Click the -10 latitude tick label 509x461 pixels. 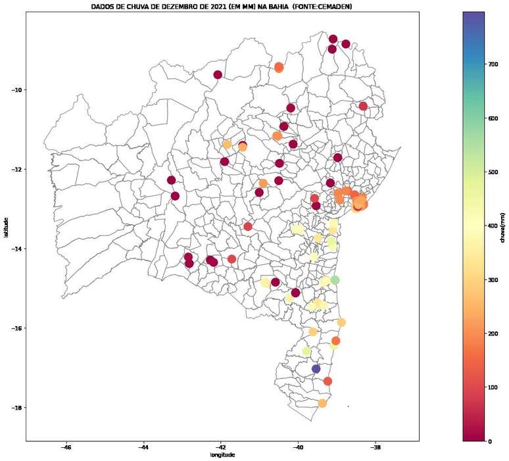point(16,90)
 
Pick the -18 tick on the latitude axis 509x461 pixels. point(16,408)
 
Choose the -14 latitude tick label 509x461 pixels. point(16,249)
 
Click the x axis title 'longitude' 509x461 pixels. point(222,455)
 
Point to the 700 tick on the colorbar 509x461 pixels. point(493,64)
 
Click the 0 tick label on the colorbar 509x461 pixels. point(489,441)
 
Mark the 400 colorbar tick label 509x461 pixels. point(493,226)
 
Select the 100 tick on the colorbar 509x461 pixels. point(493,387)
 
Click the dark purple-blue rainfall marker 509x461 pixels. point(316,369)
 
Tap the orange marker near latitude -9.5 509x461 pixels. point(279,67)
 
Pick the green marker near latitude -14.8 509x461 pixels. point(335,280)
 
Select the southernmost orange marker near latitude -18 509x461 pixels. point(322,403)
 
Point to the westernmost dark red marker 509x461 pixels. point(171,180)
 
